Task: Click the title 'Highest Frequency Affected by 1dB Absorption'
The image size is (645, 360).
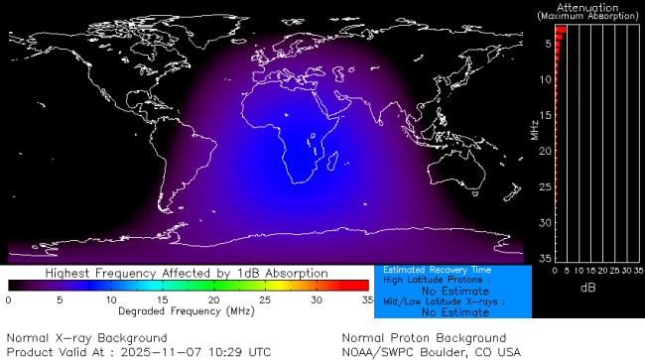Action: point(186,273)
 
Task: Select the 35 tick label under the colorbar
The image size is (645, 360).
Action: point(366,299)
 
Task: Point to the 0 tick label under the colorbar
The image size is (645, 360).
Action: point(9,299)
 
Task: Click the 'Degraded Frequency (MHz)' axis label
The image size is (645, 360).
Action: point(186,310)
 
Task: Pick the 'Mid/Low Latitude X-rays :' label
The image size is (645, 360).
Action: point(444,300)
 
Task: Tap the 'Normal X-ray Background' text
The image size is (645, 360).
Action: point(87,338)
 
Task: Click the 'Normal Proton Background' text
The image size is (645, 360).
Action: point(424,338)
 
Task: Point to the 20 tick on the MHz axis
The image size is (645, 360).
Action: point(546,151)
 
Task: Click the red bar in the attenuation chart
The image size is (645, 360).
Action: point(560,31)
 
